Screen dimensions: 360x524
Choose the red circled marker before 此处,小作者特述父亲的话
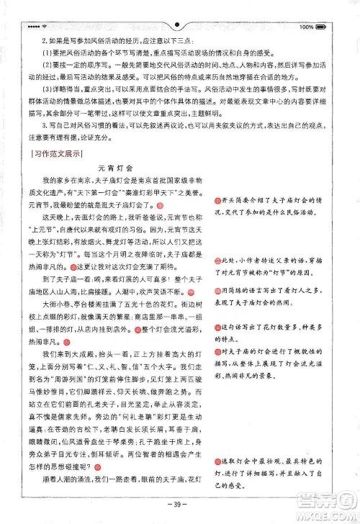click(216, 259)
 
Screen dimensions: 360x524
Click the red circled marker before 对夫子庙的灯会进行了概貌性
click(216, 351)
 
